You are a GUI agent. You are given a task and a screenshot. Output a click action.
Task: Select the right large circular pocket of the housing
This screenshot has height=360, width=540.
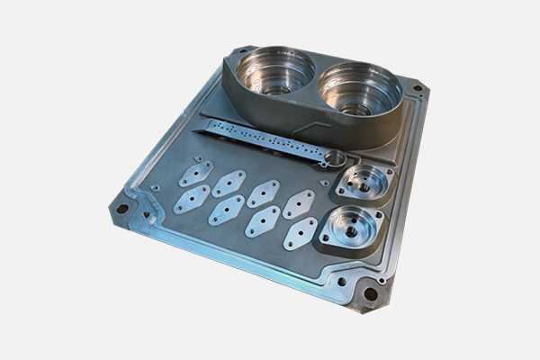click(x=358, y=91)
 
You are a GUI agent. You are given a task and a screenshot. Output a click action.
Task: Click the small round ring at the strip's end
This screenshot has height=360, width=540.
click(x=334, y=160)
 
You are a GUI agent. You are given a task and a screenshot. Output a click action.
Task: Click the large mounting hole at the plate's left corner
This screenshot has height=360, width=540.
click(x=121, y=209)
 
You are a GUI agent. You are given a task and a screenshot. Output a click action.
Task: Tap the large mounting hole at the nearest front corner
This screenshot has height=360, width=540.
click(x=368, y=293)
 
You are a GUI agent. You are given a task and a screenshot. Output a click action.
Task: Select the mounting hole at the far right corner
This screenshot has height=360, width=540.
click(x=416, y=88)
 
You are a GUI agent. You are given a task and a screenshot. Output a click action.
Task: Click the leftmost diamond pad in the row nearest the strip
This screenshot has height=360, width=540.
click(x=195, y=173)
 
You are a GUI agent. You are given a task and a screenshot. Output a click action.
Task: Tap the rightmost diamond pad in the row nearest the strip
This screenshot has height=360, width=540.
click(x=299, y=204)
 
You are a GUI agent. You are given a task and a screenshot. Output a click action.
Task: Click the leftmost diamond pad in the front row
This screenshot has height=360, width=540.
click(x=191, y=199)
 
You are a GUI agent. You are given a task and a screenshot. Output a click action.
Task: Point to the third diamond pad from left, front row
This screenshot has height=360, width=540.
click(x=262, y=221)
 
